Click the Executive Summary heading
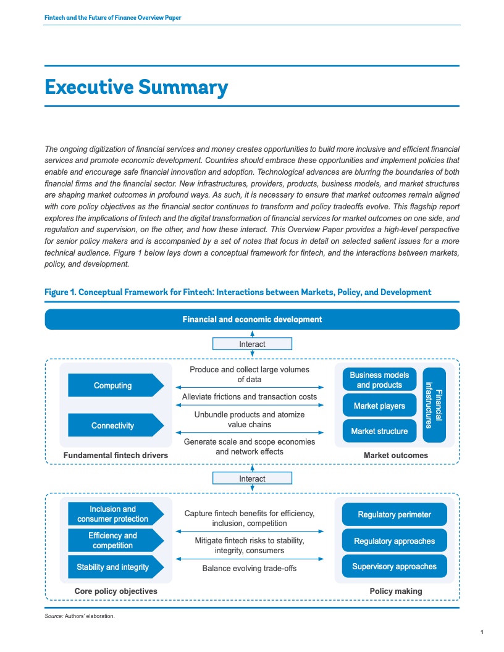pos(136,87)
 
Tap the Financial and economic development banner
pos(252,319)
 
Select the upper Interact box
pos(252,344)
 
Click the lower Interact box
pos(252,479)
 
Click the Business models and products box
pos(379,380)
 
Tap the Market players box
pos(379,406)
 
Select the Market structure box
pos(379,431)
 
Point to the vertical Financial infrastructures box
pos(434,405)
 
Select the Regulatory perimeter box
pos(394,514)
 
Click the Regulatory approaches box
pos(394,541)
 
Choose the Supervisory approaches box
pos(394,566)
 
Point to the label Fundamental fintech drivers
pos(115,456)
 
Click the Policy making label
pos(396,591)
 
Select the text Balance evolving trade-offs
pos(250,568)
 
